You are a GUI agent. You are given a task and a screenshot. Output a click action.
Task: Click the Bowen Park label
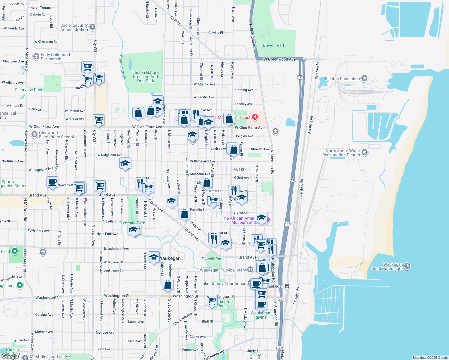click(x=274, y=45)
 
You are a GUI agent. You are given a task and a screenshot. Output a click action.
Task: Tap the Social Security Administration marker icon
click(x=92, y=27)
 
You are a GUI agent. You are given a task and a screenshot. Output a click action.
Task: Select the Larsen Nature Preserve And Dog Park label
click(x=146, y=76)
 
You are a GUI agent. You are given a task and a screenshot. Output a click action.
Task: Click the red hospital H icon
click(x=255, y=117)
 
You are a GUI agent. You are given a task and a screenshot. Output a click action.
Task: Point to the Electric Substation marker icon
click(x=364, y=79)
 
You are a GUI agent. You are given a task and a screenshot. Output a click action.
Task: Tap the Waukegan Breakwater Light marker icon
click(x=407, y=266)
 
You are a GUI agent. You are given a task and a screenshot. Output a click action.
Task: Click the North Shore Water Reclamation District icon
click(x=364, y=153)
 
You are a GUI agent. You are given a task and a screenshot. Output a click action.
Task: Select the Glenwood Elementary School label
click(x=56, y=135)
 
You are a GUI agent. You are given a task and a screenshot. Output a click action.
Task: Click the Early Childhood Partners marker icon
click(x=36, y=56)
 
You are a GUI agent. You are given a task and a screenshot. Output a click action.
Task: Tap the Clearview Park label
click(x=29, y=90)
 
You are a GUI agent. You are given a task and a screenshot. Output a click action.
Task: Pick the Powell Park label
click(x=212, y=259)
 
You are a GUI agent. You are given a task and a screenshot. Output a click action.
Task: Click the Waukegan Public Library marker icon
click(x=250, y=270)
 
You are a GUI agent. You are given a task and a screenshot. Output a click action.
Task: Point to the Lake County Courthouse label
click(x=223, y=283)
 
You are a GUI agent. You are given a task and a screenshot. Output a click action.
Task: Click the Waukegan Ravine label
click(x=260, y=315)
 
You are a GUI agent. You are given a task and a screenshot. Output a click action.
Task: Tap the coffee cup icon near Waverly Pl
click(x=52, y=182)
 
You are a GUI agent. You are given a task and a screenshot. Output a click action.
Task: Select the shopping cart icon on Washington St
click(x=212, y=300)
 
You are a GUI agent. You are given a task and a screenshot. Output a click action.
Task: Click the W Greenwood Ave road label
click(x=279, y=59)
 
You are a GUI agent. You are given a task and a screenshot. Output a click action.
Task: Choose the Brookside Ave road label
click(x=116, y=248)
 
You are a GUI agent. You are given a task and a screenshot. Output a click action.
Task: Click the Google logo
click(x=10, y=356)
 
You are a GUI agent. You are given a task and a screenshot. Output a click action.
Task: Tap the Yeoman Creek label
click(x=122, y=67)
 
